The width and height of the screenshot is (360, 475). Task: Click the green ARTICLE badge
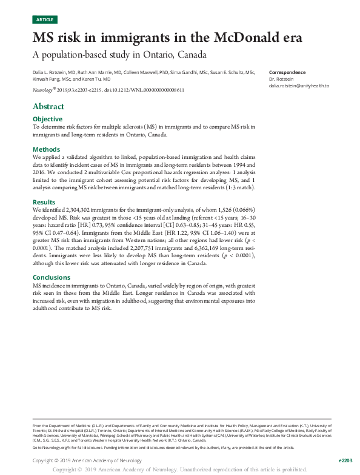click(44, 20)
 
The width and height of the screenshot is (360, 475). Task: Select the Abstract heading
click(48, 107)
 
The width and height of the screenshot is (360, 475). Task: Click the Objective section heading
click(47, 119)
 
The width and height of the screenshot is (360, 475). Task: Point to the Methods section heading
click(46, 149)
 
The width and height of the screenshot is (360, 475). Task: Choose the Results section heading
click(44, 202)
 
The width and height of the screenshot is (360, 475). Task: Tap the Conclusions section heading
click(52, 277)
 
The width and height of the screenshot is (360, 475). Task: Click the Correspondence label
click(287, 72)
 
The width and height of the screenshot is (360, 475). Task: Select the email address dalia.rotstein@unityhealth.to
click(299, 86)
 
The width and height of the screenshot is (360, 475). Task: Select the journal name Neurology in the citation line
click(42, 90)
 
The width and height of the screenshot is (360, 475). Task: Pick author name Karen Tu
click(99, 79)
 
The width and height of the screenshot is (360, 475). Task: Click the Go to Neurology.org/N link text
click(55, 447)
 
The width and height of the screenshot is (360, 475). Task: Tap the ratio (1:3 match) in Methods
click(239, 187)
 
